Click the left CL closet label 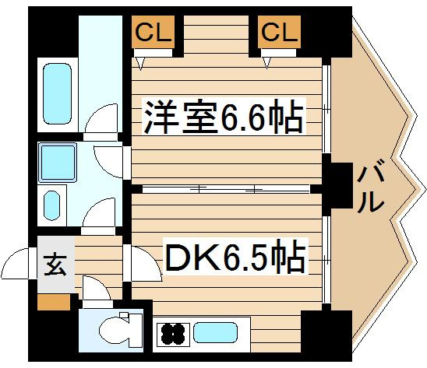(153, 32)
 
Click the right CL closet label (280, 32)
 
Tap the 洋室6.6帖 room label (224, 117)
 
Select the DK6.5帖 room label (235, 256)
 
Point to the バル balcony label (370, 186)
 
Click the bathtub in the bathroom (57, 94)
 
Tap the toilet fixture (121, 330)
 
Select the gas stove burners (173, 334)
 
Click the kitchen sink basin (215, 332)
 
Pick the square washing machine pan (58, 163)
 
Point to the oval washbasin (51, 205)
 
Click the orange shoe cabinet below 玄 (54, 302)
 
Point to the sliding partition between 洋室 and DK (226, 189)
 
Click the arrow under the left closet (140, 64)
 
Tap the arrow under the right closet (266, 63)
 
